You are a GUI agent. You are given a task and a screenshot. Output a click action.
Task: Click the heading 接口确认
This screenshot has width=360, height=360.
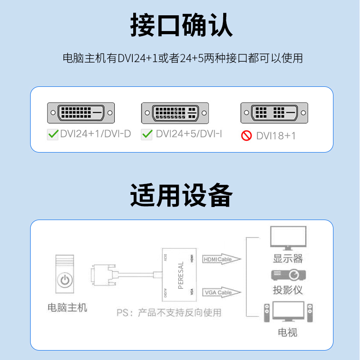coord(181,26)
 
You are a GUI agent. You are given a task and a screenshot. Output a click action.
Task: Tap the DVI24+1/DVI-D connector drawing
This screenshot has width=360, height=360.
coord(81,112)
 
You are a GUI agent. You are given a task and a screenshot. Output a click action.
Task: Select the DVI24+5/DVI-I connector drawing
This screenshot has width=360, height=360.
coord(175,112)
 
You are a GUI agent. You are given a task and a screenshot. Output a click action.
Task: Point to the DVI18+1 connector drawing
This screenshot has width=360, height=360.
coord(274,112)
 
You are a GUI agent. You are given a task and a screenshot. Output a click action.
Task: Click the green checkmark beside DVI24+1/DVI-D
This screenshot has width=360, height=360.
coord(53,134)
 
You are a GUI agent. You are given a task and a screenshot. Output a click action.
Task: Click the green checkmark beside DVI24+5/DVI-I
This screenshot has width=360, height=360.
coord(147,134)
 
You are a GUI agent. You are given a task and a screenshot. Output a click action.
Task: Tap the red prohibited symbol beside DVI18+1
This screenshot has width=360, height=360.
coord(246,135)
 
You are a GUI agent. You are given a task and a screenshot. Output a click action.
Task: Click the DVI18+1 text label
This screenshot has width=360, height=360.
coord(276,135)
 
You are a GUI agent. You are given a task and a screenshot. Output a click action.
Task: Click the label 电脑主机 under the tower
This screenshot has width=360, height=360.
coord(67,308)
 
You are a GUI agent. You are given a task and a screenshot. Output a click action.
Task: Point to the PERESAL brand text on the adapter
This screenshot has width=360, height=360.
coord(181,275)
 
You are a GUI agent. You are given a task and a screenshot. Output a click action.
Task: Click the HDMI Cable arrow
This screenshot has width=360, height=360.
coord(222,259)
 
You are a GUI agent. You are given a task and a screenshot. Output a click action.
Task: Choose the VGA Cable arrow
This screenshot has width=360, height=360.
coord(222,292)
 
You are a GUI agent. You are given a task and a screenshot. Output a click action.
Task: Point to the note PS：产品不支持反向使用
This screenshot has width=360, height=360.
coord(169,312)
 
